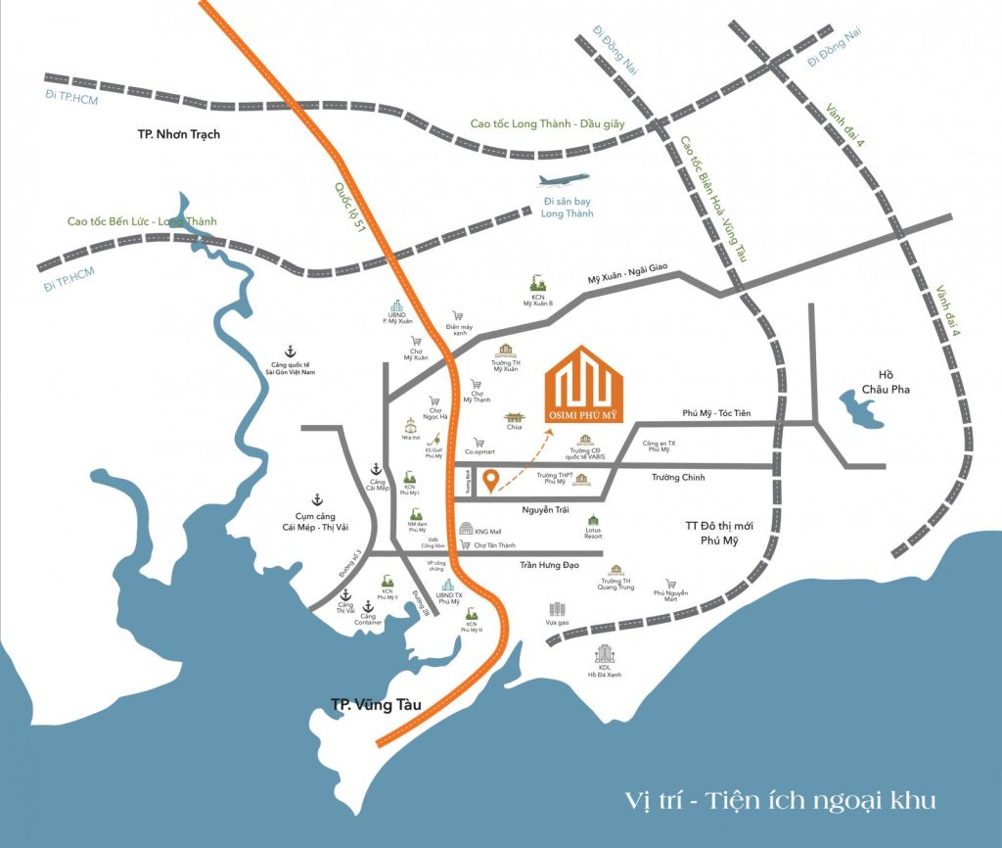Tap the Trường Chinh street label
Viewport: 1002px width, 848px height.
(679, 477)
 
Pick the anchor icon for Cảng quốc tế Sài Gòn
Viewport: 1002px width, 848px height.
(289, 351)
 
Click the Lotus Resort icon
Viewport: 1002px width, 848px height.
(592, 521)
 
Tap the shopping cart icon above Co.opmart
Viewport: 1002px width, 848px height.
(478, 442)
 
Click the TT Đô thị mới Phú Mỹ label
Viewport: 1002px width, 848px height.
(716, 534)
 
